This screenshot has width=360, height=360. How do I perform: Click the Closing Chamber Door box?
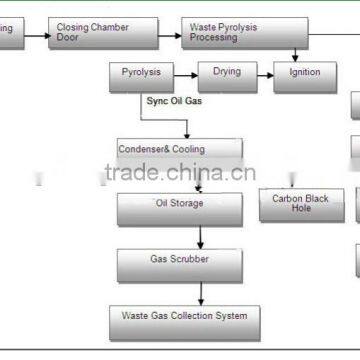[x=104, y=33]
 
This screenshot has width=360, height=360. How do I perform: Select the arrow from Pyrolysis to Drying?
[x=187, y=72]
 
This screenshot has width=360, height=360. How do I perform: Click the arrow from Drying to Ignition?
[x=265, y=72]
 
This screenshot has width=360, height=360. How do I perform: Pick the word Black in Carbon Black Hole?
[x=314, y=199]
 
